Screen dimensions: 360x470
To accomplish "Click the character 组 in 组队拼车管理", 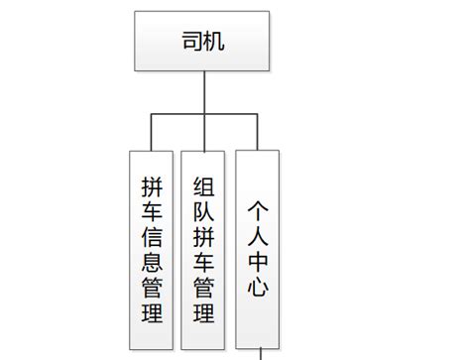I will [203, 185].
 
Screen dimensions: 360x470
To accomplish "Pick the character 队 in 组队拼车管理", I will [203, 211].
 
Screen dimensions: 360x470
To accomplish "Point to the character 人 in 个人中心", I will [257, 236].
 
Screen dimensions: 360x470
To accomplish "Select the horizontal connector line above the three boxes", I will [178, 115].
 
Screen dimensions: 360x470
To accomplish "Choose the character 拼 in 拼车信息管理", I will [153, 185].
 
